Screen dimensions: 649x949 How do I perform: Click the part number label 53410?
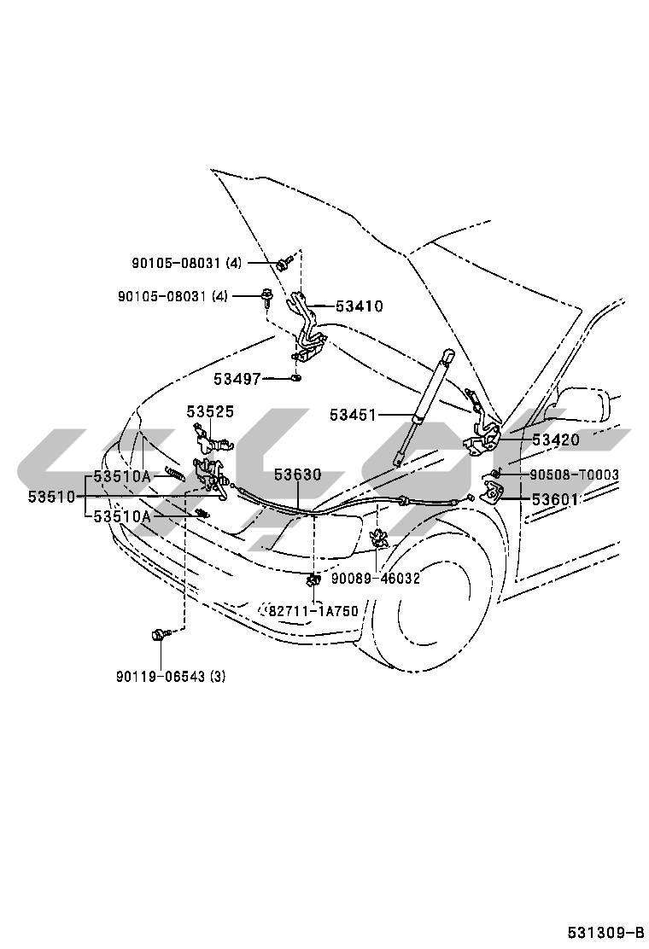pos(360,306)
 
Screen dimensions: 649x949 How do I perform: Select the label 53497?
pos(237,380)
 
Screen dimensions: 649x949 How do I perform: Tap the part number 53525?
pos(210,411)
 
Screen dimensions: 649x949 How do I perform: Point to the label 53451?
pos(353,415)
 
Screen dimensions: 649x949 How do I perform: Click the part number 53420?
pos(557,440)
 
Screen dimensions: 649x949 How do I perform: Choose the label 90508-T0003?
pos(575,474)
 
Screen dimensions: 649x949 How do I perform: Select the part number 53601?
pos(555,499)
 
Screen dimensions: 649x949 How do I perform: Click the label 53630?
pos(298,474)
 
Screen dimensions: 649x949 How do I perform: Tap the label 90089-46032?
pos(376,579)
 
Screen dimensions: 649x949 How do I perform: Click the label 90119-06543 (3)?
pos(171,676)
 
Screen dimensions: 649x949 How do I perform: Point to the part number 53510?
pos(51,498)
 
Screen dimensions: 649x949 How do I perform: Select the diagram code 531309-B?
pos(605,931)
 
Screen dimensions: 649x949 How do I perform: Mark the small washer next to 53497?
pos(296,380)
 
